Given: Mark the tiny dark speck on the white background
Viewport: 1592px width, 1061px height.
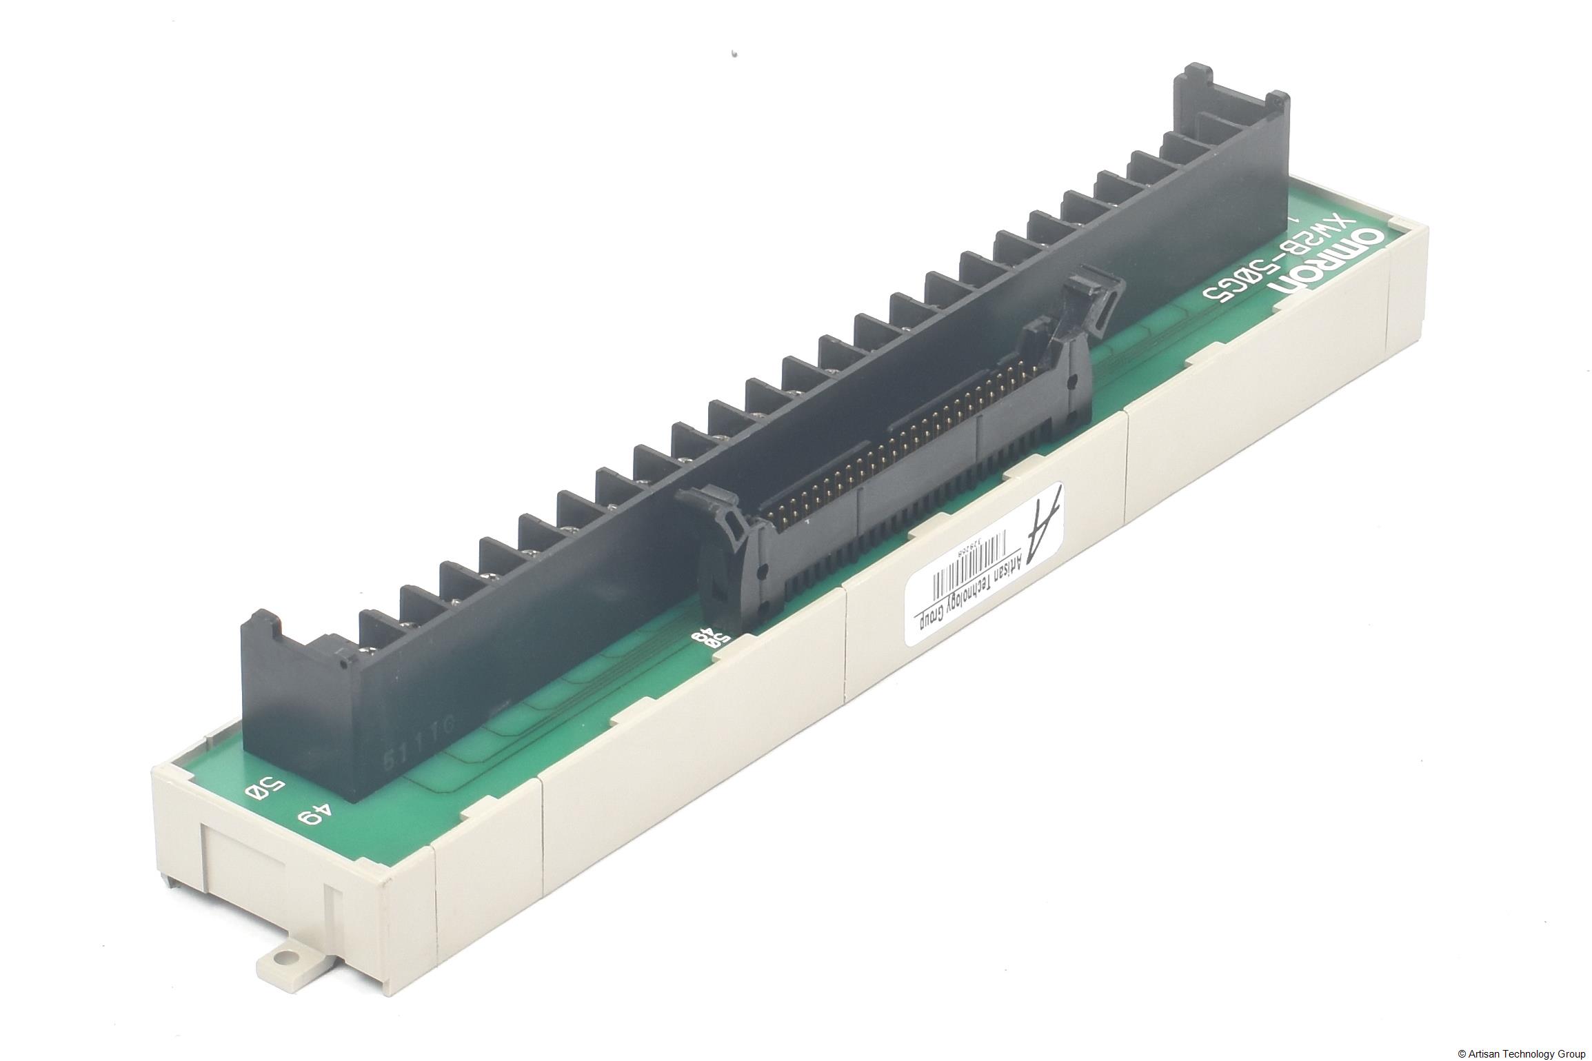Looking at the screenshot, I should click(736, 51).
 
